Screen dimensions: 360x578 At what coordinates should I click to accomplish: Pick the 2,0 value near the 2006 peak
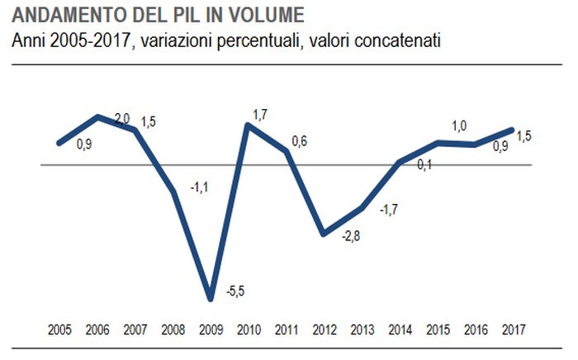pyautogui.click(x=122, y=119)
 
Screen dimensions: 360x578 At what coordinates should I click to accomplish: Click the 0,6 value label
pyautogui.click(x=299, y=141)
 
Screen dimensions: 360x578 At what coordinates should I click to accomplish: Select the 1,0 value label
pyautogui.click(x=459, y=126)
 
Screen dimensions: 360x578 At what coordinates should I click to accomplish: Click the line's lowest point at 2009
pyautogui.click(x=211, y=298)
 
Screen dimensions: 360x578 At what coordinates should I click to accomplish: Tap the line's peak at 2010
pyautogui.click(x=248, y=126)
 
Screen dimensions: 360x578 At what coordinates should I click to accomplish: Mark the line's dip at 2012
pyautogui.click(x=325, y=234)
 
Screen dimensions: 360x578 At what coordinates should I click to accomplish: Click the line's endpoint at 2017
pyautogui.click(x=512, y=130)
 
